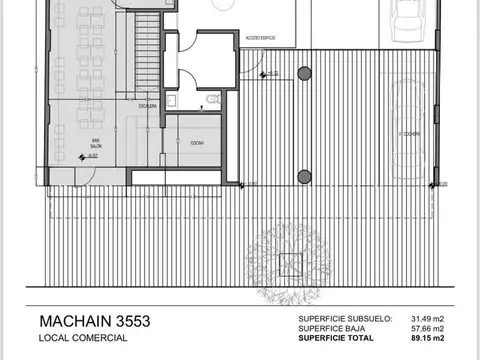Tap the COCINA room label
197,143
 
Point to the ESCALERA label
147,105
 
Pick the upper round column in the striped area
303,73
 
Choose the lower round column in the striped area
303,177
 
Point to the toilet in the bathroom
214,99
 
